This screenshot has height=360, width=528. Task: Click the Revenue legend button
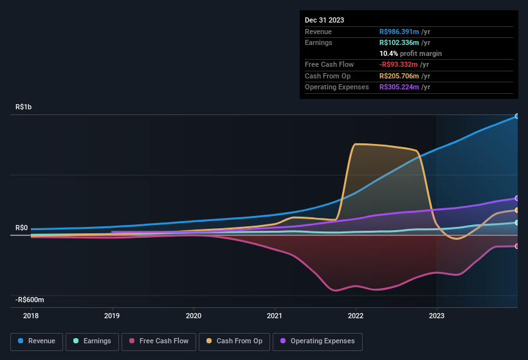coord(37,341)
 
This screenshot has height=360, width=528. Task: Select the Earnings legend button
coord(92,341)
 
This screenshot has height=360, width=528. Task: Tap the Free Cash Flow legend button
coord(158,341)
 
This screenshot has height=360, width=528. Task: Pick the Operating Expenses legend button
coord(318,341)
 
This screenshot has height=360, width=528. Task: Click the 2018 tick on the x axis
coord(31,316)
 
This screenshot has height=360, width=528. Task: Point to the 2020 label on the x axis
coord(194,316)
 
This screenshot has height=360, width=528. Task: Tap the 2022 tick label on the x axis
coord(356,316)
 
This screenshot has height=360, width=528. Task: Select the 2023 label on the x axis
coord(437,316)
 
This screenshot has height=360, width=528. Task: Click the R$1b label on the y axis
coord(23,107)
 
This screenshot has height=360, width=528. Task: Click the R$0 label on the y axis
coord(21,228)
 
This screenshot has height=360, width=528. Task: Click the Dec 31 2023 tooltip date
coord(324,20)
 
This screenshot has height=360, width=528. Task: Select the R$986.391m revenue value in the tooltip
coord(399,32)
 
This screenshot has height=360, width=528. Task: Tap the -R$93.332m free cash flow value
coord(400,64)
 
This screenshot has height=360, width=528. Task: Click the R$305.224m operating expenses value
coord(399,87)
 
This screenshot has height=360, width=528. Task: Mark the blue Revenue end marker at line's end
coord(517,116)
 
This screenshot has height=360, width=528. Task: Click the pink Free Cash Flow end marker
coord(517,246)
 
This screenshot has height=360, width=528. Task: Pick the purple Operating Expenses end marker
coord(517,198)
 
